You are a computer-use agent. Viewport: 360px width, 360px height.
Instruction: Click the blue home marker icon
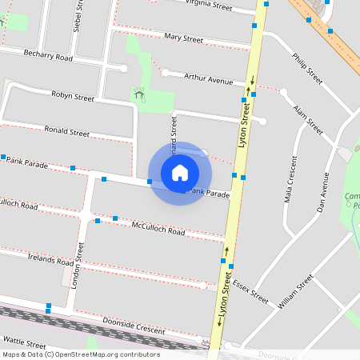click(180, 173)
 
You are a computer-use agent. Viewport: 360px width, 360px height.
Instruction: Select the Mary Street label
click(183, 38)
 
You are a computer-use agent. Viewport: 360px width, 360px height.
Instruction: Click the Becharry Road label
click(48, 58)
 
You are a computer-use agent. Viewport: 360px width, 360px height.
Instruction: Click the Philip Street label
click(307, 69)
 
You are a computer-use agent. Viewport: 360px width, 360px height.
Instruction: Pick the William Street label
click(295, 292)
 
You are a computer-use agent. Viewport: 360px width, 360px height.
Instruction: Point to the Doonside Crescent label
click(134, 326)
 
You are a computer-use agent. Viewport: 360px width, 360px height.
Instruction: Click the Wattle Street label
click(26, 341)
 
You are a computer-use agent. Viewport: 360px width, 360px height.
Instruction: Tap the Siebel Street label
click(78, 16)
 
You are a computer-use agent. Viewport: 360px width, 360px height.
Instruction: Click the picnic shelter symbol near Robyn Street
click(139, 94)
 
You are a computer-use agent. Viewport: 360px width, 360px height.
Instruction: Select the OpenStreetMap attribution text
click(81, 354)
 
